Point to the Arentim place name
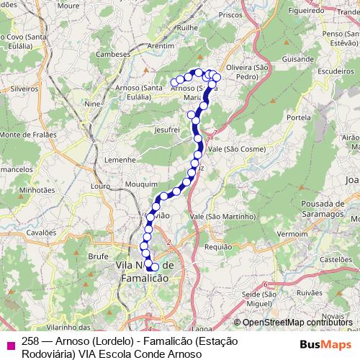tap(161, 45)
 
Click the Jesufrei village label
tap(166, 130)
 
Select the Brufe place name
tap(97, 256)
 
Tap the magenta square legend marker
tap(10, 344)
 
